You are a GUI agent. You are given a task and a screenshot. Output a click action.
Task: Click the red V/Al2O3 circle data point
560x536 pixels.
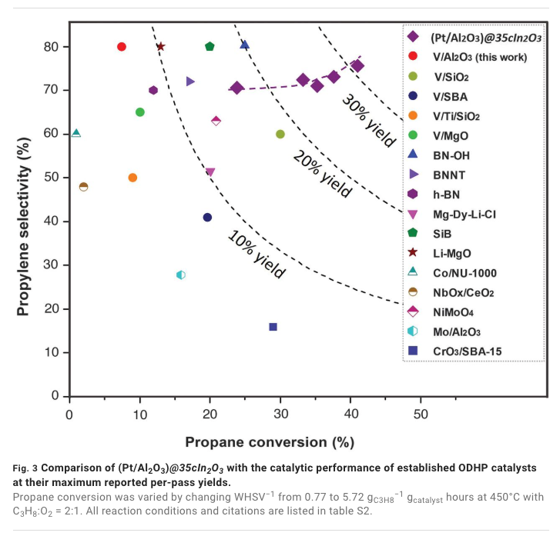(122, 47)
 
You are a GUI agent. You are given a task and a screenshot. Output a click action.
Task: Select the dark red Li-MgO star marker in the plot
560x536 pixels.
(160, 47)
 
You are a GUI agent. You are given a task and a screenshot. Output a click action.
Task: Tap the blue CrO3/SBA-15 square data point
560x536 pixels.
(273, 327)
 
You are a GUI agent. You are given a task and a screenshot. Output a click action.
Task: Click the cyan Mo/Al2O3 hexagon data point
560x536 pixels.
(181, 275)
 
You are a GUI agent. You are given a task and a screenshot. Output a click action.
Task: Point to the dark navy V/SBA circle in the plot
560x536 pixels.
(207, 218)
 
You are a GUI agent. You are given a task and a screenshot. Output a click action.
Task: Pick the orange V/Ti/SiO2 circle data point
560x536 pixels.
(132, 178)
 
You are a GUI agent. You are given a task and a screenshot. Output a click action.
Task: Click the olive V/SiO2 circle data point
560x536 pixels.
(280, 134)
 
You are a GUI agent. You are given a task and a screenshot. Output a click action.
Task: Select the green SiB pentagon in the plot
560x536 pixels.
(210, 47)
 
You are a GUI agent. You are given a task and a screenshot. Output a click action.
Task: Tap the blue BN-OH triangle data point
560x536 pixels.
(244, 45)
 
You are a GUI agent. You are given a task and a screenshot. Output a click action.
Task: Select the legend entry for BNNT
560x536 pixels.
(451, 175)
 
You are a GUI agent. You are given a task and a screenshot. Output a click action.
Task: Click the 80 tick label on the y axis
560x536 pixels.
(51, 47)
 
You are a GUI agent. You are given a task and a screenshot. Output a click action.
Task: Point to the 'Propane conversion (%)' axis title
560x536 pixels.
(269, 442)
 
